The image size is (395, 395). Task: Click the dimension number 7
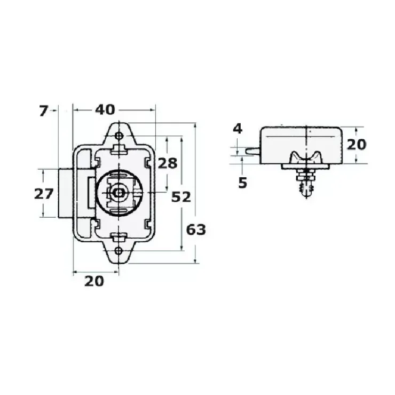(43, 111)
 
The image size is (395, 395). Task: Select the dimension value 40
(105, 110)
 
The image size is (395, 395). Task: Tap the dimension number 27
(44, 194)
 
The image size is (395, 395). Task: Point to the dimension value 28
(168, 163)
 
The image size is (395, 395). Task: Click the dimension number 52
(181, 197)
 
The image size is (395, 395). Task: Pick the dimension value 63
(196, 230)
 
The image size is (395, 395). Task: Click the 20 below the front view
(94, 281)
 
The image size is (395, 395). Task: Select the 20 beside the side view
(357, 145)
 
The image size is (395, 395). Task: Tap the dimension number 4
(238, 129)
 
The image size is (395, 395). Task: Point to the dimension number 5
(243, 183)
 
